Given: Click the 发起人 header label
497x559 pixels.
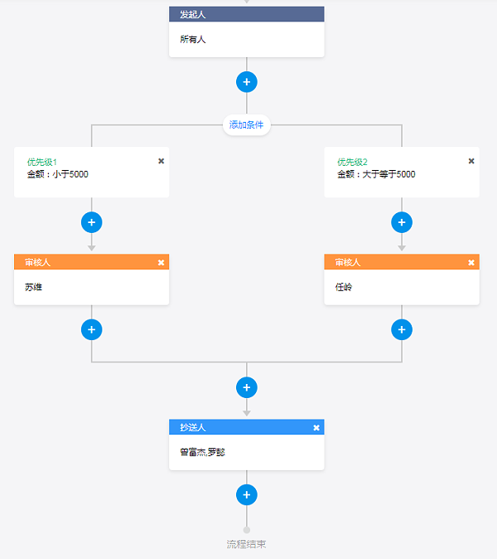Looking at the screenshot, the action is click(x=193, y=14).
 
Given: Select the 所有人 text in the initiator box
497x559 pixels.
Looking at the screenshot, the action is click(x=193, y=39).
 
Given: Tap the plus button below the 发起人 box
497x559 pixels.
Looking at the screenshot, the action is click(x=246, y=82).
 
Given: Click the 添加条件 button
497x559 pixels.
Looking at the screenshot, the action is click(x=246, y=124).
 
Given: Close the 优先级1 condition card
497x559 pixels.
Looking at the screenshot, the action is click(x=161, y=161).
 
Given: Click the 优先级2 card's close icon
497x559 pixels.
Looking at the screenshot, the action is click(x=471, y=161).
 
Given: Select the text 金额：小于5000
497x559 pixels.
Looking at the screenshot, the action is click(x=58, y=174).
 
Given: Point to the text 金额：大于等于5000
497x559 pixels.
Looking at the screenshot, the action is click(x=376, y=174).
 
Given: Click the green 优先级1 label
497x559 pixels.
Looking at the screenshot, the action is click(x=42, y=163).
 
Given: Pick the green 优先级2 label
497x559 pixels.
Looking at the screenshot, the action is click(x=353, y=163).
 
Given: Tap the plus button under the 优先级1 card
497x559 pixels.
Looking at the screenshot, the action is click(x=91, y=222).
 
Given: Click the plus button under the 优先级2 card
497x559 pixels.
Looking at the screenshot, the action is click(x=402, y=222).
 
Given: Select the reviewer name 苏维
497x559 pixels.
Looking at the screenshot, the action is click(x=33, y=287).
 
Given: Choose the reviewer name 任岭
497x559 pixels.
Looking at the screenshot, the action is click(x=344, y=287).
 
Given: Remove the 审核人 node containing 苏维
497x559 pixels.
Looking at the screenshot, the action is click(x=161, y=263).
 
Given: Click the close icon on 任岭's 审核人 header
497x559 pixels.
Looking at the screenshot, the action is click(x=471, y=263).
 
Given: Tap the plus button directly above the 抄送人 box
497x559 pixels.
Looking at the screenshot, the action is click(x=246, y=387).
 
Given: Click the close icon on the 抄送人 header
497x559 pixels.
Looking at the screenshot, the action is click(x=316, y=428).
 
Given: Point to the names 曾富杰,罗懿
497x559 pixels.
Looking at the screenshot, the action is click(x=203, y=452).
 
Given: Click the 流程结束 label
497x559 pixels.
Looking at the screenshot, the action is click(x=246, y=544).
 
